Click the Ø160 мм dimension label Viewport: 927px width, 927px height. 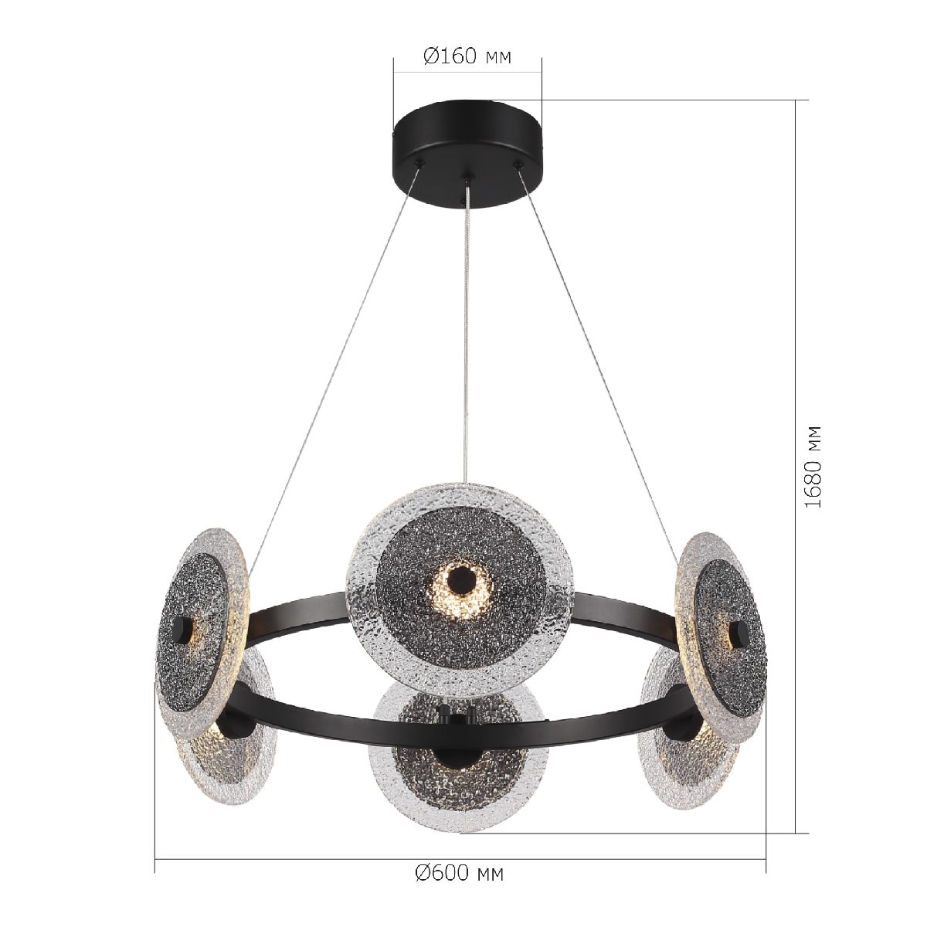pos(467,56)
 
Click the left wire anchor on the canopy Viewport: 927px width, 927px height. pos(420,163)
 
